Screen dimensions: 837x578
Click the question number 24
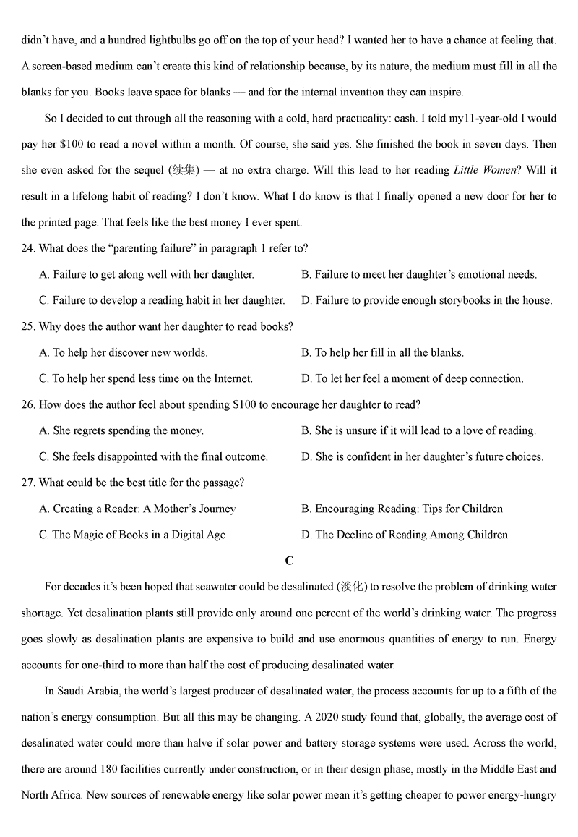click(28, 248)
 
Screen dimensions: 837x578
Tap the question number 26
click(28, 404)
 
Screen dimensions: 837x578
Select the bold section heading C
click(289, 561)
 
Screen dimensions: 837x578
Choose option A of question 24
click(147, 274)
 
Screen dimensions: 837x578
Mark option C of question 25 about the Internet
click(147, 378)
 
